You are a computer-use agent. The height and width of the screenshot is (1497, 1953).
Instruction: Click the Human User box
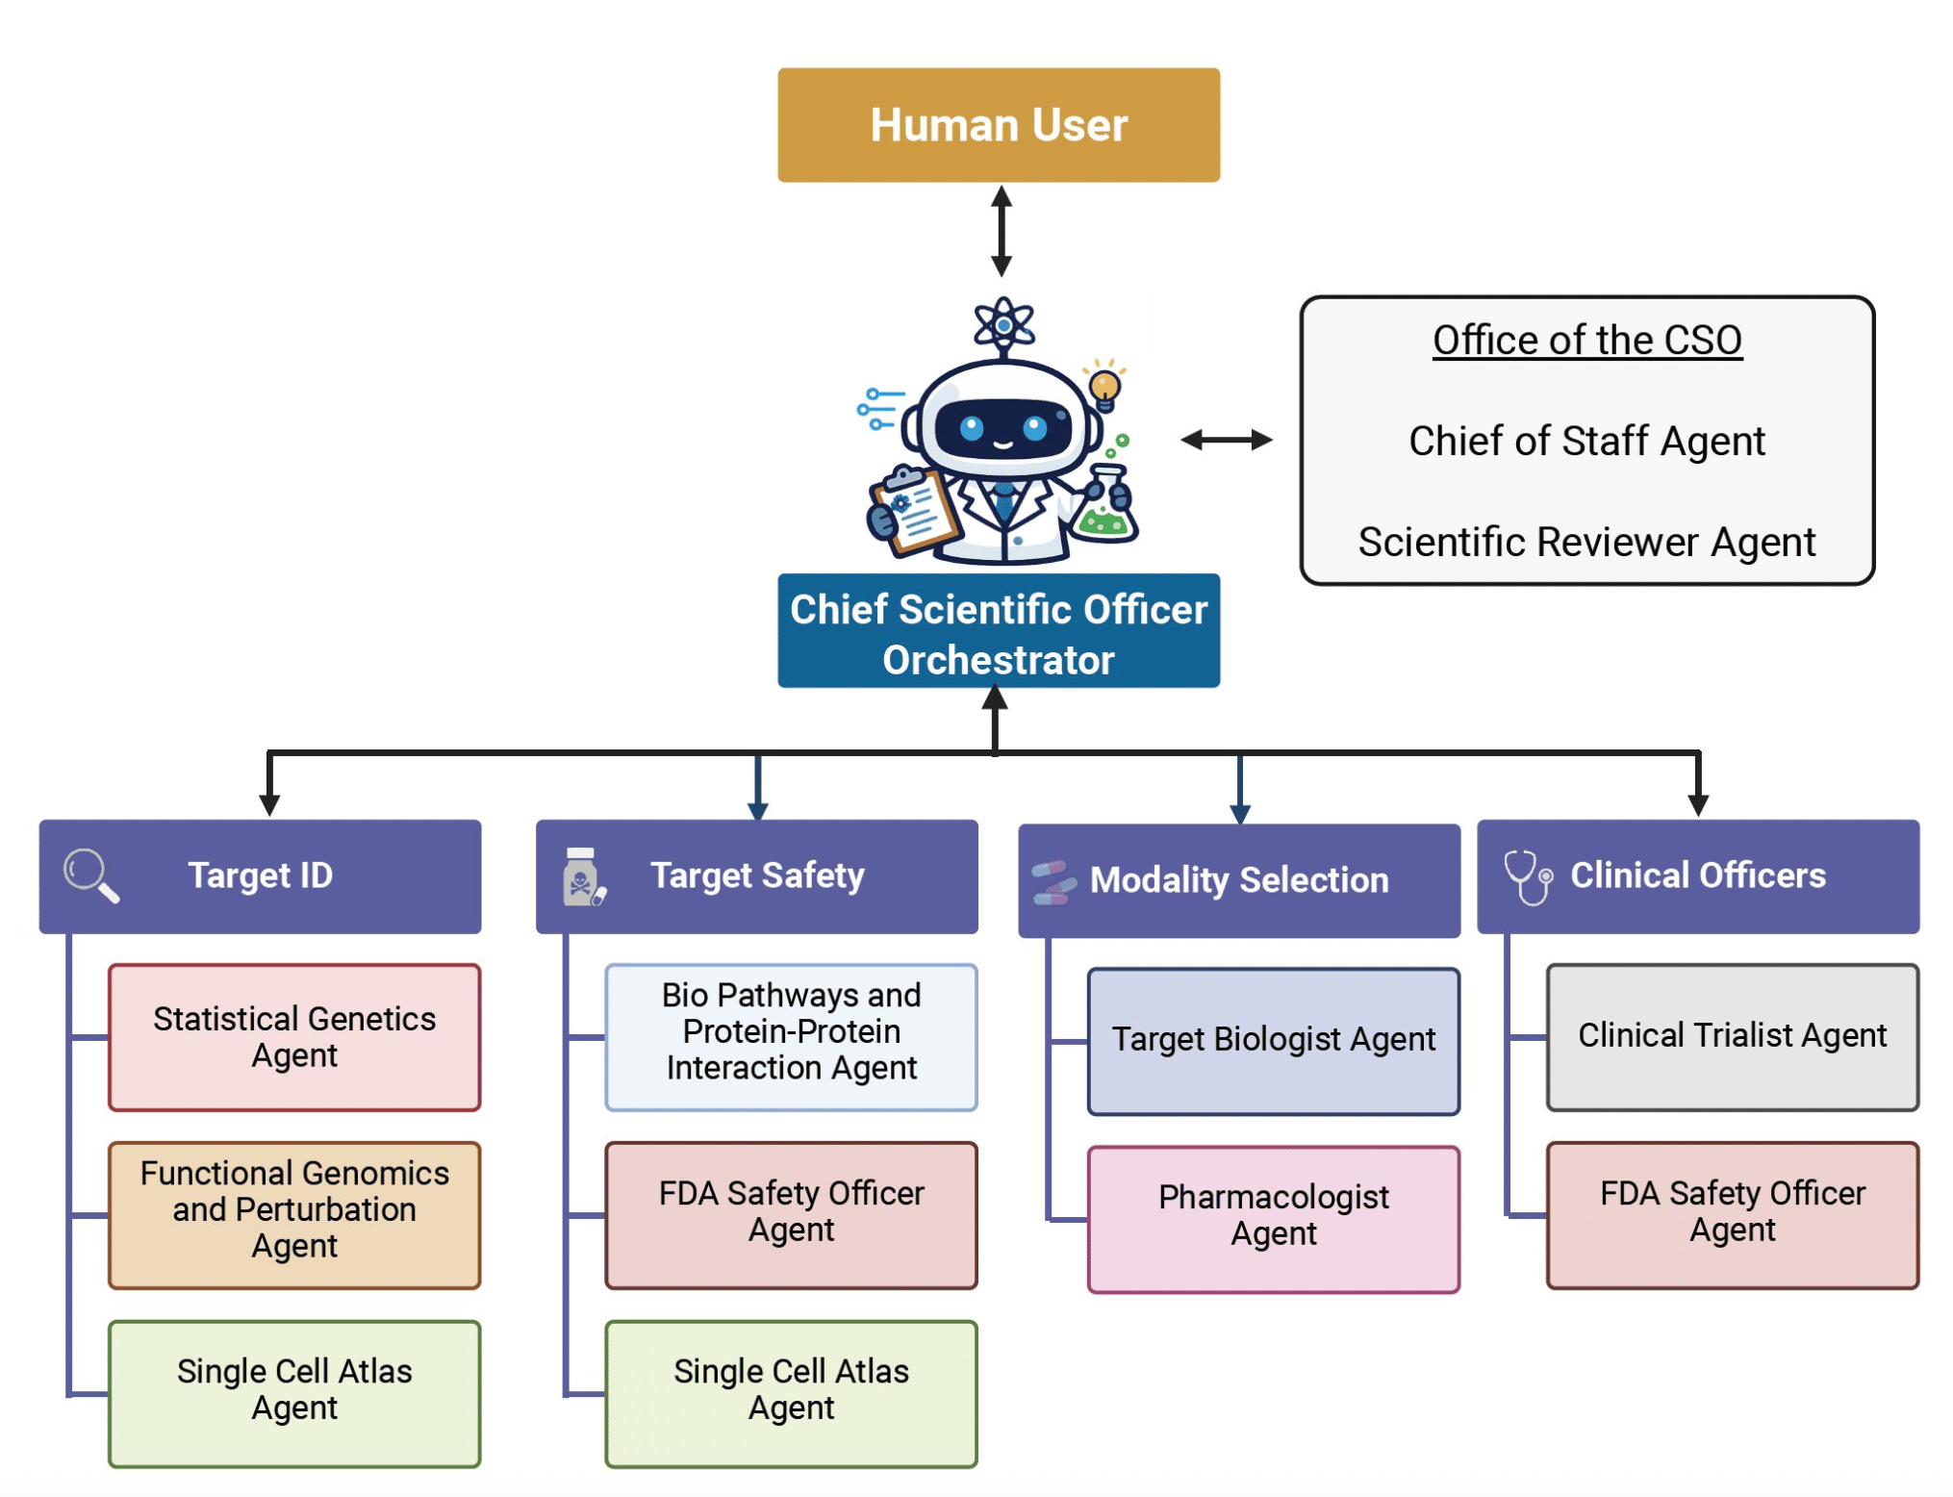(998, 125)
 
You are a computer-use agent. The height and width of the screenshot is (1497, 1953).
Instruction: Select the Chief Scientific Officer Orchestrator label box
(998, 632)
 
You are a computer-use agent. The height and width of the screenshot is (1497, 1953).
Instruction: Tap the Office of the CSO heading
(1585, 341)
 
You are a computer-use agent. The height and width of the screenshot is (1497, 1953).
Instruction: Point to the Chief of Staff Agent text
(1585, 442)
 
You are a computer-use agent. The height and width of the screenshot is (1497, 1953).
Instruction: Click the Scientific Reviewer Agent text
(1585, 543)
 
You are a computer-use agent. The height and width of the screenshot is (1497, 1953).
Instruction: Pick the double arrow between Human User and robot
(1001, 231)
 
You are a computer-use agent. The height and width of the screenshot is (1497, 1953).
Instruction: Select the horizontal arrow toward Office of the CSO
(1226, 441)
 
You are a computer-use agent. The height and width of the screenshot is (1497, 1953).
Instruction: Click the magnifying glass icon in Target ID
(91, 875)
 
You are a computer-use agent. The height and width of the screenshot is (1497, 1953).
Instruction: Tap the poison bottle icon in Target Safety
(582, 876)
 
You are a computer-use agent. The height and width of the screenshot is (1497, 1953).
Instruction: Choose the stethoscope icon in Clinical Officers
(1527, 876)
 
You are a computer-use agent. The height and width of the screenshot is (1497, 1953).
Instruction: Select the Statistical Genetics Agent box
(294, 1037)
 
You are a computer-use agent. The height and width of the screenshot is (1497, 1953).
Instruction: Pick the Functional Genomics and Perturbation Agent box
(294, 1214)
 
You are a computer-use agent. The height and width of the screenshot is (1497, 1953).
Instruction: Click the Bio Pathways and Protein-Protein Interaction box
(791, 1037)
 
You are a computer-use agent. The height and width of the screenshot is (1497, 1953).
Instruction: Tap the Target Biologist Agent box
(1273, 1041)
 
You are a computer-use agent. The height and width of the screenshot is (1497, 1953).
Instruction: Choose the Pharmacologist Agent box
(1273, 1218)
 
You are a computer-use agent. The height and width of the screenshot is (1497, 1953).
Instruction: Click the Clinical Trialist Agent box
(1731, 1037)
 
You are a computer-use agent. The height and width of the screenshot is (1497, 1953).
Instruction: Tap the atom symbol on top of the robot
(1002, 324)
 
